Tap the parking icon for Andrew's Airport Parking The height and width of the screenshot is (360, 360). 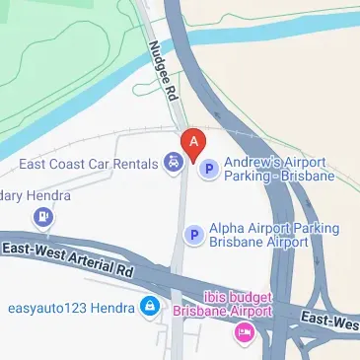[208, 170]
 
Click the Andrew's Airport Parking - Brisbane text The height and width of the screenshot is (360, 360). [279, 169]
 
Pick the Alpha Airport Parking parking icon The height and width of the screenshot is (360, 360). [194, 235]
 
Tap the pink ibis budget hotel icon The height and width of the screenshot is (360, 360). [244, 333]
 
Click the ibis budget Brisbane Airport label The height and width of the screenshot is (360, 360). [231, 304]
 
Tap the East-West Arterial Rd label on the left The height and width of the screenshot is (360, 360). [67, 261]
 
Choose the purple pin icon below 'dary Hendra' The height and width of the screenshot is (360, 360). [43, 216]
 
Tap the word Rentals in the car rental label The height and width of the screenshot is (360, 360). [134, 162]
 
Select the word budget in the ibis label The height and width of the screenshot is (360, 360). [242, 296]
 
